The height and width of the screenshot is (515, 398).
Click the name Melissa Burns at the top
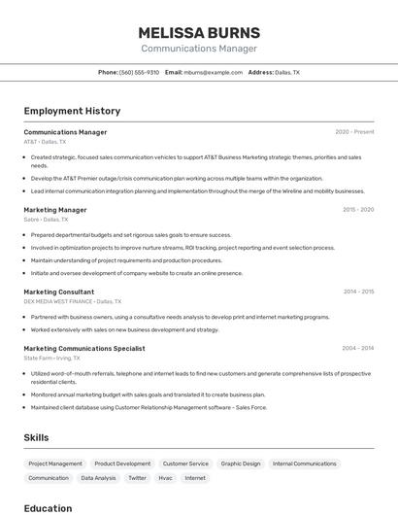pos(199,32)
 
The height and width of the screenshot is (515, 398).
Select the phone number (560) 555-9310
pos(139,72)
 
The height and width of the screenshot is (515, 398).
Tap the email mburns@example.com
pos(214,72)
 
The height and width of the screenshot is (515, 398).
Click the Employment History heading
pos(72,111)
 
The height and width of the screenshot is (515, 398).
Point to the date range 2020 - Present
pos(354,132)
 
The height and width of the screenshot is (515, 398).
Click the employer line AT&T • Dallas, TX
pos(46,142)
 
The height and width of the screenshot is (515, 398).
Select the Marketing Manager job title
pos(55,210)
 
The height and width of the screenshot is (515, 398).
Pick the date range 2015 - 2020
pos(358,210)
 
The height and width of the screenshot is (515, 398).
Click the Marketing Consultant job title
pos(59,292)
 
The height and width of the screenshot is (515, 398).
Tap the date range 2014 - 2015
pos(358,292)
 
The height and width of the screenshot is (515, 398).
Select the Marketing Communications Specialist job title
pos(84,348)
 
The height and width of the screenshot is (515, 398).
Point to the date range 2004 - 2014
pos(358,348)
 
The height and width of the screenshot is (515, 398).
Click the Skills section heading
pos(36,437)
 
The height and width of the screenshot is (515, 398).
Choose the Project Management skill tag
pos(55,463)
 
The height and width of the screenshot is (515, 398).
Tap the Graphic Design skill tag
pos(241,463)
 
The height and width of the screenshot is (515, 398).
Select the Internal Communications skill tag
pos(304,463)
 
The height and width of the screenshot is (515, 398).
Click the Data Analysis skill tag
pos(98,478)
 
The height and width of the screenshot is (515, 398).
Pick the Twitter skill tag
pos(137,478)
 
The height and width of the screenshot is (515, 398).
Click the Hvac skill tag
pos(165,478)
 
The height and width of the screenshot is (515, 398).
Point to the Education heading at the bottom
pos(48,508)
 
